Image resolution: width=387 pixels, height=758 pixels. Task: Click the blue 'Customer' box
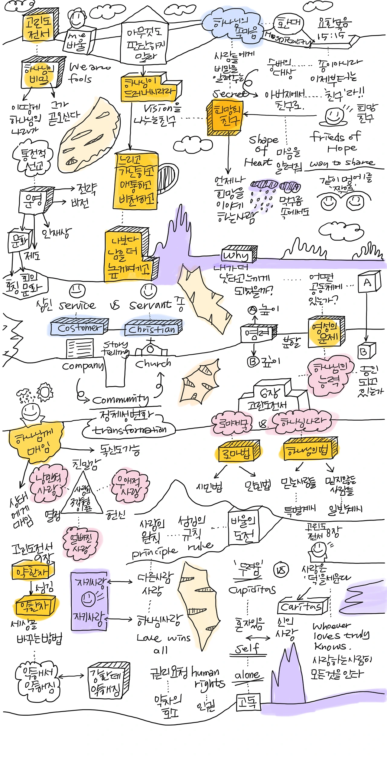79,327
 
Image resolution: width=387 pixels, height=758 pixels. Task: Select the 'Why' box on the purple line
239,255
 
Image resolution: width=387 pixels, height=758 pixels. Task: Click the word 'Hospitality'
287,39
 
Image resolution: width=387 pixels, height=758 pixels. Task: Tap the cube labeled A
369,282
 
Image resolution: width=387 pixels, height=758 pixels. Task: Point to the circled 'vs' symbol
281,570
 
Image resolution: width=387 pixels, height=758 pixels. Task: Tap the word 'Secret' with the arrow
230,94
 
